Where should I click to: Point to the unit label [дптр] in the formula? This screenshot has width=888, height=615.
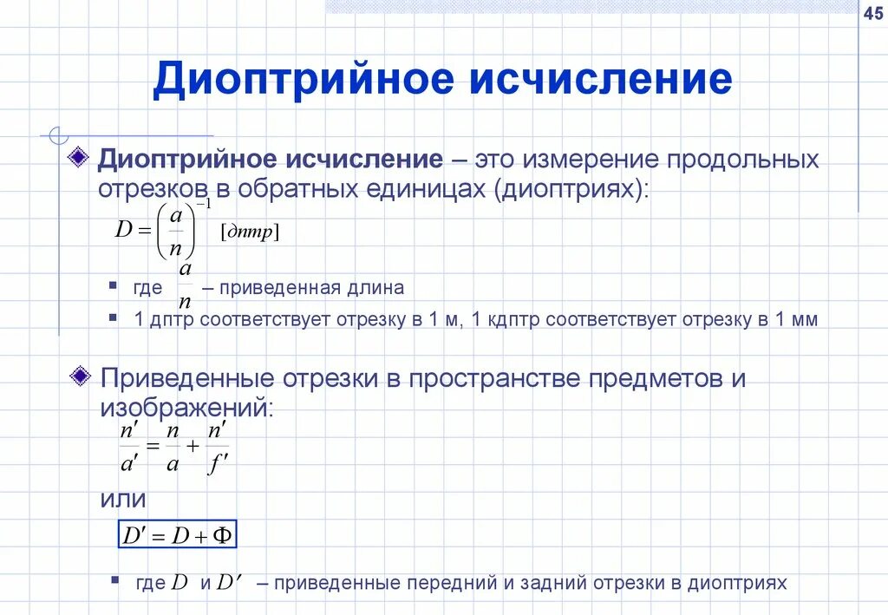coord(251,232)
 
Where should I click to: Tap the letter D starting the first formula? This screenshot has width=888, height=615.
coord(123,231)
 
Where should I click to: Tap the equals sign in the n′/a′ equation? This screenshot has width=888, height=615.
coord(153,446)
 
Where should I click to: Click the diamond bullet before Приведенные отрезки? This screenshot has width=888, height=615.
coord(80,376)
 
